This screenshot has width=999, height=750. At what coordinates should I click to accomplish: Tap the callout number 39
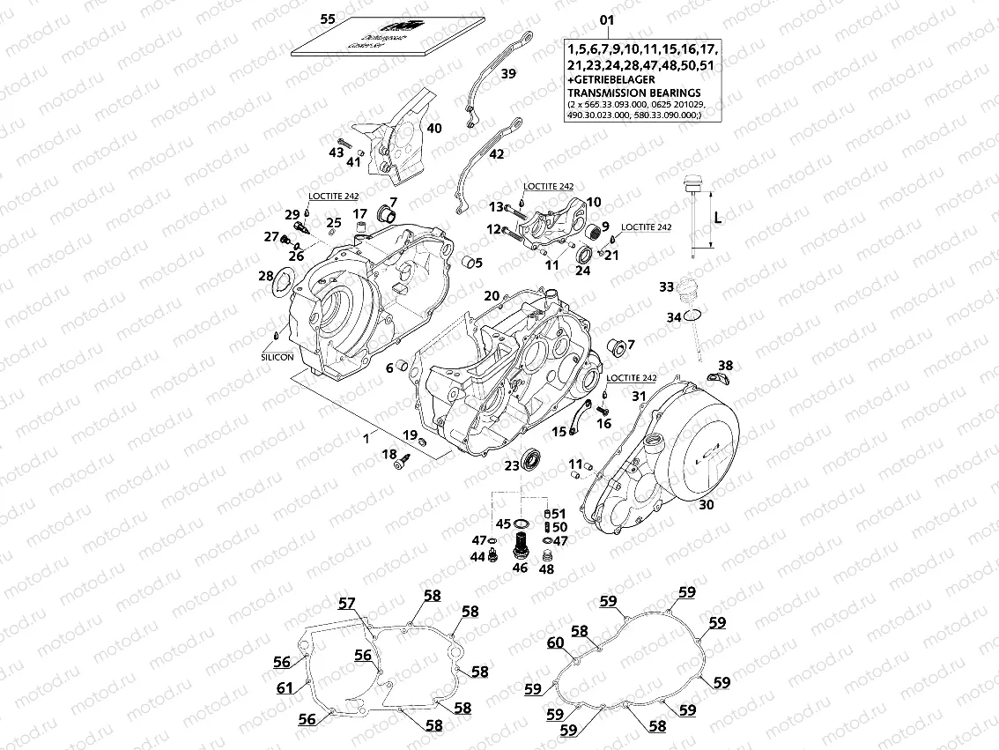[509, 75]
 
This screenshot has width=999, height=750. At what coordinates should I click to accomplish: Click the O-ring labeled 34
[694, 315]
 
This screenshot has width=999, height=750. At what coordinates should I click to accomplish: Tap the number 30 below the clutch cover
[706, 505]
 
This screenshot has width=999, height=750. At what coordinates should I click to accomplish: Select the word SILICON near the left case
[277, 358]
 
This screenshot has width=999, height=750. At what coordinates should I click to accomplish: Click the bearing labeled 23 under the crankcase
[532, 460]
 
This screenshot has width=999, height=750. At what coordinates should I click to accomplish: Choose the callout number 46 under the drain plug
[521, 568]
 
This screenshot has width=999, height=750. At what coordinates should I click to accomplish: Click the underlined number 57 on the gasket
[348, 603]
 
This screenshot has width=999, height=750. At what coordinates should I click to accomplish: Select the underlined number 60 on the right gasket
[555, 642]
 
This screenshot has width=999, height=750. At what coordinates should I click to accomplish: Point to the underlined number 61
[284, 687]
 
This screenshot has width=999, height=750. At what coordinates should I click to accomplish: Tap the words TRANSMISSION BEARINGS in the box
[634, 93]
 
